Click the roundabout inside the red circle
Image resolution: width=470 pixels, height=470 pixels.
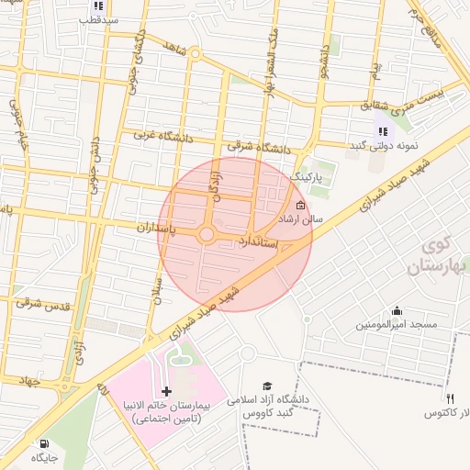[x=207, y=235]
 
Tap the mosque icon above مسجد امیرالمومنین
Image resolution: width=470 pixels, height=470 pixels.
[x=397, y=310]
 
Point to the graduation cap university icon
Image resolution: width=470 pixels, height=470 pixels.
[x=267, y=386]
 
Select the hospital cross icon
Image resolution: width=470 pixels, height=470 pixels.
[x=165, y=392]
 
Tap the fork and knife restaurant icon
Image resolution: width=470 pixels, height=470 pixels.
[x=450, y=398]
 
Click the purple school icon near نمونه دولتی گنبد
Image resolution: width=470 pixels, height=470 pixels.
[x=382, y=131]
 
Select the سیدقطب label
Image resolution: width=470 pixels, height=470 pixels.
[x=99, y=18]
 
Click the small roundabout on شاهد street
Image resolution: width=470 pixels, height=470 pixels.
[x=195, y=54]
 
